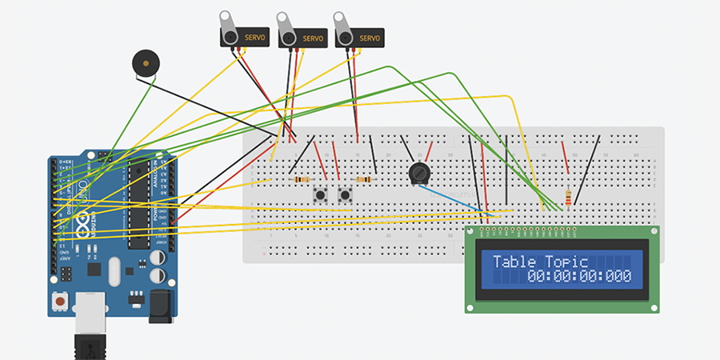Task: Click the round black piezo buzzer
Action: coord(145,63)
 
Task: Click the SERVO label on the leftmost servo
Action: coord(256,38)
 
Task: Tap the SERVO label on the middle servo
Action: coord(313,38)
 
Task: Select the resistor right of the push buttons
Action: coord(364,180)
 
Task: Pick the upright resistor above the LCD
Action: coord(568,197)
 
